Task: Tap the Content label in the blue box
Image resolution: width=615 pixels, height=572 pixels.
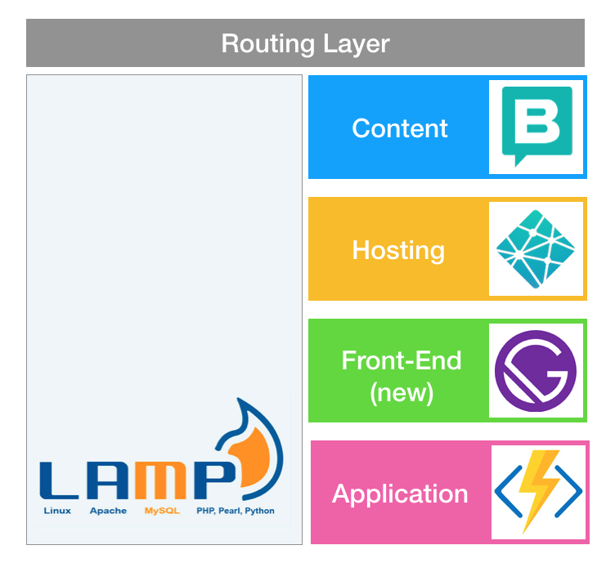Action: click(x=399, y=128)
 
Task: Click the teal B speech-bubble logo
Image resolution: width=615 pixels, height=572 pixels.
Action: click(x=536, y=127)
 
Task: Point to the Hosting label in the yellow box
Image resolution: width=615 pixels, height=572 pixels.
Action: click(x=398, y=249)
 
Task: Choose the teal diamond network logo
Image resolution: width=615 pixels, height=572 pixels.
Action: click(x=536, y=248)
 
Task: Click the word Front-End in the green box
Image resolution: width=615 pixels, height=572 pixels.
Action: click(x=402, y=360)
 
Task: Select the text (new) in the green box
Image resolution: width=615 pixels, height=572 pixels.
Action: click(x=402, y=392)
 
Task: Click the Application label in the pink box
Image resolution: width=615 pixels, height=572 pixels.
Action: click(x=400, y=494)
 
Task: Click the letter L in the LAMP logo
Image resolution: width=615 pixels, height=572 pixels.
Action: click(x=58, y=481)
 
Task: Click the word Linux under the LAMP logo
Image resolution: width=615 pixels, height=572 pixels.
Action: click(x=57, y=511)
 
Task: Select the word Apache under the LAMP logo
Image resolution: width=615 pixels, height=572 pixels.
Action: click(x=108, y=511)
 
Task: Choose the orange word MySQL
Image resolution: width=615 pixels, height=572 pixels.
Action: click(x=161, y=511)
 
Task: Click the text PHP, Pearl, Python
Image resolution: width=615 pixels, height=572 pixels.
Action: click(x=236, y=511)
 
